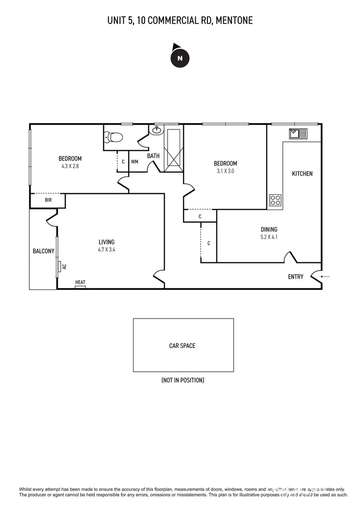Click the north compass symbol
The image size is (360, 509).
(180, 58)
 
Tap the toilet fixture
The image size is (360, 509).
(115, 137)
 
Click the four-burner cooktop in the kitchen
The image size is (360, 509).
(276, 200)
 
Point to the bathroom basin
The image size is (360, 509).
(157, 130)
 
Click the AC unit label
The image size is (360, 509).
(63, 266)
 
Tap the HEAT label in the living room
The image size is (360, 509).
(80, 283)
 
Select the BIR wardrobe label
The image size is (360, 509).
(48, 200)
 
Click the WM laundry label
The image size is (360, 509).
(134, 162)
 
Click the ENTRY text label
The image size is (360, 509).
(296, 277)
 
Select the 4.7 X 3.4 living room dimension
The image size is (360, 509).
(107, 249)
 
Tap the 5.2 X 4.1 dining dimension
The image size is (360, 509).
(269, 237)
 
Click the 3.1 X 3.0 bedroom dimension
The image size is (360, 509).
(225, 171)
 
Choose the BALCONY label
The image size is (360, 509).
(43, 251)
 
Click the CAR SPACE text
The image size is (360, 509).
(182, 345)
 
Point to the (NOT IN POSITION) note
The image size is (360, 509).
(183, 380)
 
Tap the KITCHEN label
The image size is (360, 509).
(302, 174)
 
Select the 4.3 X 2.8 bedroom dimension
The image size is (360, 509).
(70, 166)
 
